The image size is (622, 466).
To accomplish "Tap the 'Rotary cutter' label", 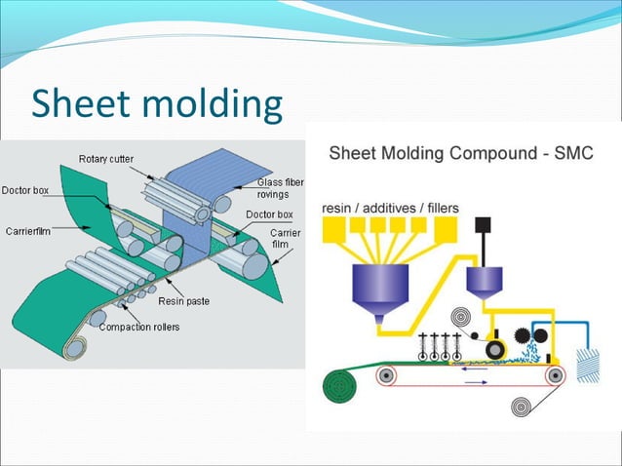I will pos(106,159).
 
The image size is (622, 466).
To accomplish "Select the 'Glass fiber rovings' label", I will pos(272,188).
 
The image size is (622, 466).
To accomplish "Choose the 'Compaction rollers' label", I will pos(137,327).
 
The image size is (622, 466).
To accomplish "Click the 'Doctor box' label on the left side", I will pos(25,189).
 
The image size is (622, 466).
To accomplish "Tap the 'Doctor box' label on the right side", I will pos(268,214).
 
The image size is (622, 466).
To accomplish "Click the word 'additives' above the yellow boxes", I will pos(396,208).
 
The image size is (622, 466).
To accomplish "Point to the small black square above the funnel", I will pos(482,225).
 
